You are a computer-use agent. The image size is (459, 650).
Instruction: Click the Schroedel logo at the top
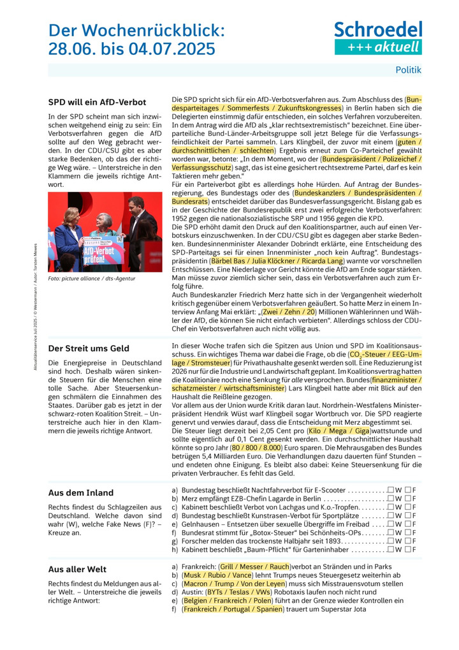pyautogui.click(x=378, y=38)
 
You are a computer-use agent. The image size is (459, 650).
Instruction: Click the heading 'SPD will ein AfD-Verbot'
pyautogui.click(x=97, y=102)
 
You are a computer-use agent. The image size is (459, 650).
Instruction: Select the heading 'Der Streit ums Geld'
pyautogui.click(x=89, y=348)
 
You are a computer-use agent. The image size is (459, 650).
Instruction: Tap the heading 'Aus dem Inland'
pyautogui.click(x=81, y=492)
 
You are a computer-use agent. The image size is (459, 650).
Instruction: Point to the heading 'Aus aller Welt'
pyautogui.click(x=77, y=569)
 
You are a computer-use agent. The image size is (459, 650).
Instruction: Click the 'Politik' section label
pyautogui.click(x=408, y=70)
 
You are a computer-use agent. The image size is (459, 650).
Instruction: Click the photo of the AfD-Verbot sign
pyautogui.click(x=105, y=232)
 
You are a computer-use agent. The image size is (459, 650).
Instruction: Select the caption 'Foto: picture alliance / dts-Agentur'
pyautogui.click(x=92, y=278)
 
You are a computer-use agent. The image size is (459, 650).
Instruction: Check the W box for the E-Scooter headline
pyautogui.click(x=390, y=490)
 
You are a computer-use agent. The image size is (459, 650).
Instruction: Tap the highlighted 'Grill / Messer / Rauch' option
pyautogui.click(x=254, y=566)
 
